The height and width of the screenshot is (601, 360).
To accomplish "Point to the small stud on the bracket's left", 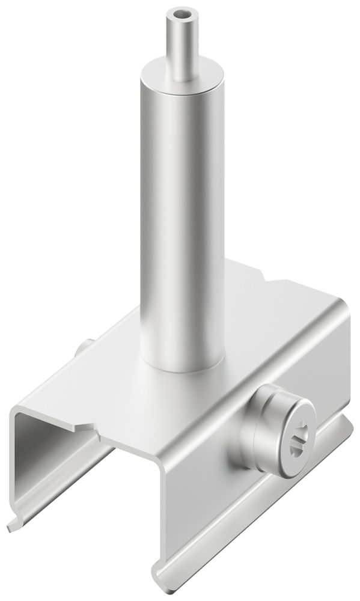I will (x=84, y=349).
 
